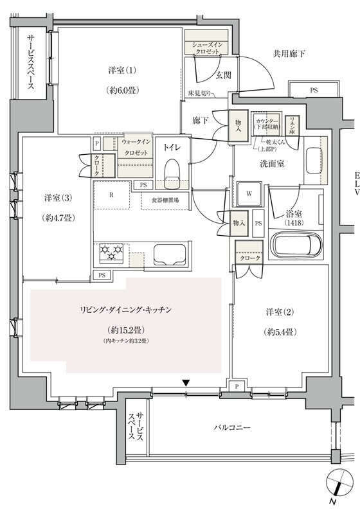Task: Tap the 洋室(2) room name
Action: coord(280,313)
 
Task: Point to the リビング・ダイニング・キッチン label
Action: coord(125,310)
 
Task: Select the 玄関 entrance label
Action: coord(223,76)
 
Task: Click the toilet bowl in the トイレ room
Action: coord(172,170)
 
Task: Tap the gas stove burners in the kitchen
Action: coord(112,253)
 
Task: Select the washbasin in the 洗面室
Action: coord(313,159)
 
